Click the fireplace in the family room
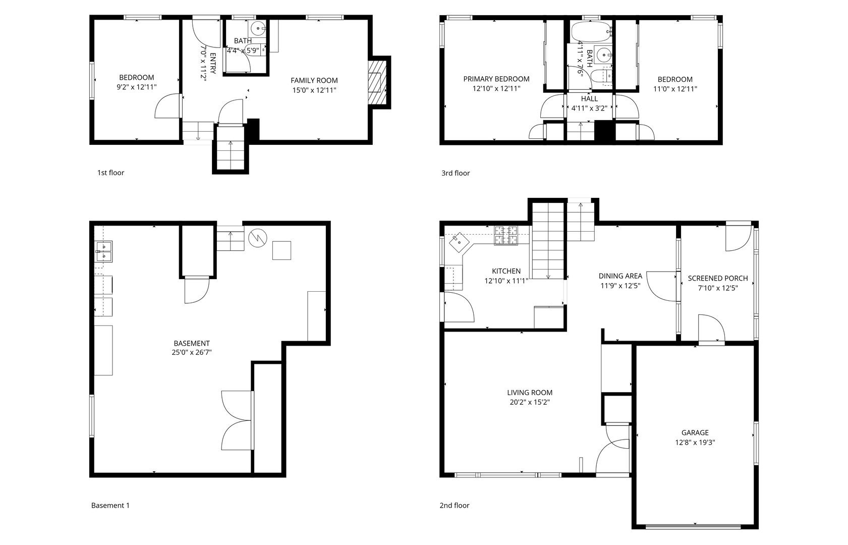tap(377, 83)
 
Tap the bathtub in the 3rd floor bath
tap(591, 31)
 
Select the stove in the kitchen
tap(505, 236)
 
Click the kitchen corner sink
tap(459, 242)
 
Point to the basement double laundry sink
tap(103, 252)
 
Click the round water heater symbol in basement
tap(258, 238)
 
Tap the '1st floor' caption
tap(110, 173)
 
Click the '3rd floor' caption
tap(456, 173)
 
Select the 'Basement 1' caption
tap(110, 505)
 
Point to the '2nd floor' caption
tap(455, 505)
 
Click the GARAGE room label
tap(695, 432)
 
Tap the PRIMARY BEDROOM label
tap(496, 79)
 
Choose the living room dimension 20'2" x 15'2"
tap(530, 402)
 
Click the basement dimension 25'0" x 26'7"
tap(192, 352)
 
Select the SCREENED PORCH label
tap(718, 278)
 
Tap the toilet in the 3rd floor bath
tap(601, 77)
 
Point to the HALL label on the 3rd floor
tap(589, 98)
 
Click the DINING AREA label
tap(620, 276)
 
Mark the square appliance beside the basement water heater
tap(281, 250)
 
